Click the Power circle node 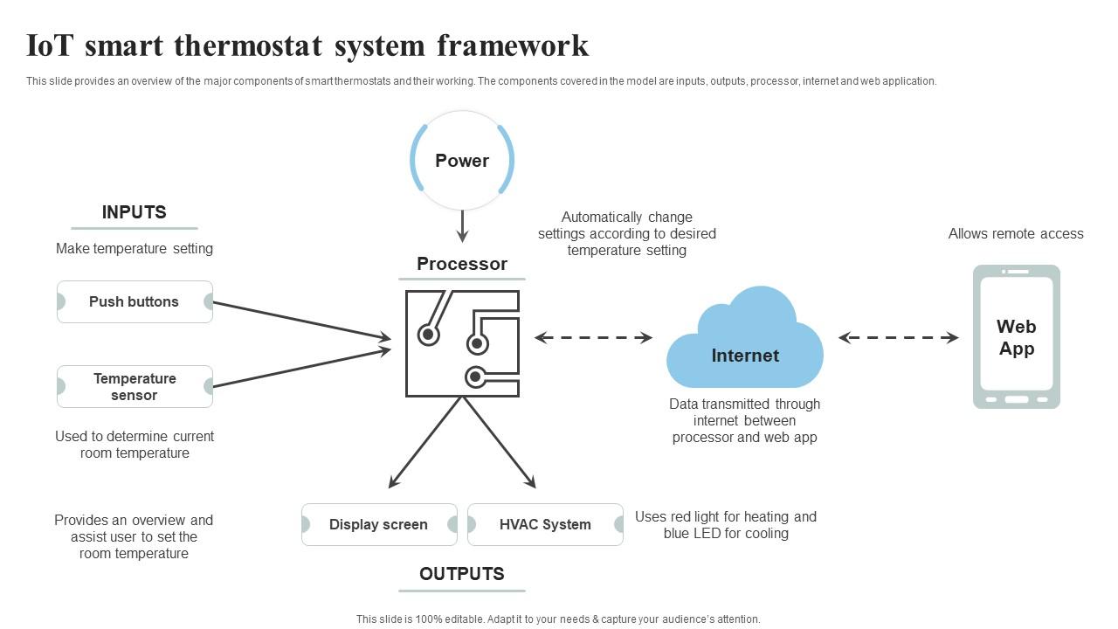tap(462, 161)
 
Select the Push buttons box tap(135, 301)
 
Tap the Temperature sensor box tap(135, 386)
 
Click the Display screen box tap(378, 524)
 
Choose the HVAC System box tap(545, 524)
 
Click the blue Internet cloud tap(744, 345)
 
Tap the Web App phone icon tap(1016, 337)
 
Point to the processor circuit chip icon tap(462, 343)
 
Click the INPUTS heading tap(134, 212)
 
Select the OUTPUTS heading tap(461, 574)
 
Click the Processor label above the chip tap(461, 264)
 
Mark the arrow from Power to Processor tap(462, 226)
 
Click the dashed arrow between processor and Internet tap(593, 337)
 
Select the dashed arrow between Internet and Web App tap(898, 337)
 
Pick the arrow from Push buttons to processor tap(301, 320)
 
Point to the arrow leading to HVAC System tap(500, 443)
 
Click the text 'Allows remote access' tap(1016, 233)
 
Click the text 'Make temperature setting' tap(135, 248)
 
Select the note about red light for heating tap(725, 524)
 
